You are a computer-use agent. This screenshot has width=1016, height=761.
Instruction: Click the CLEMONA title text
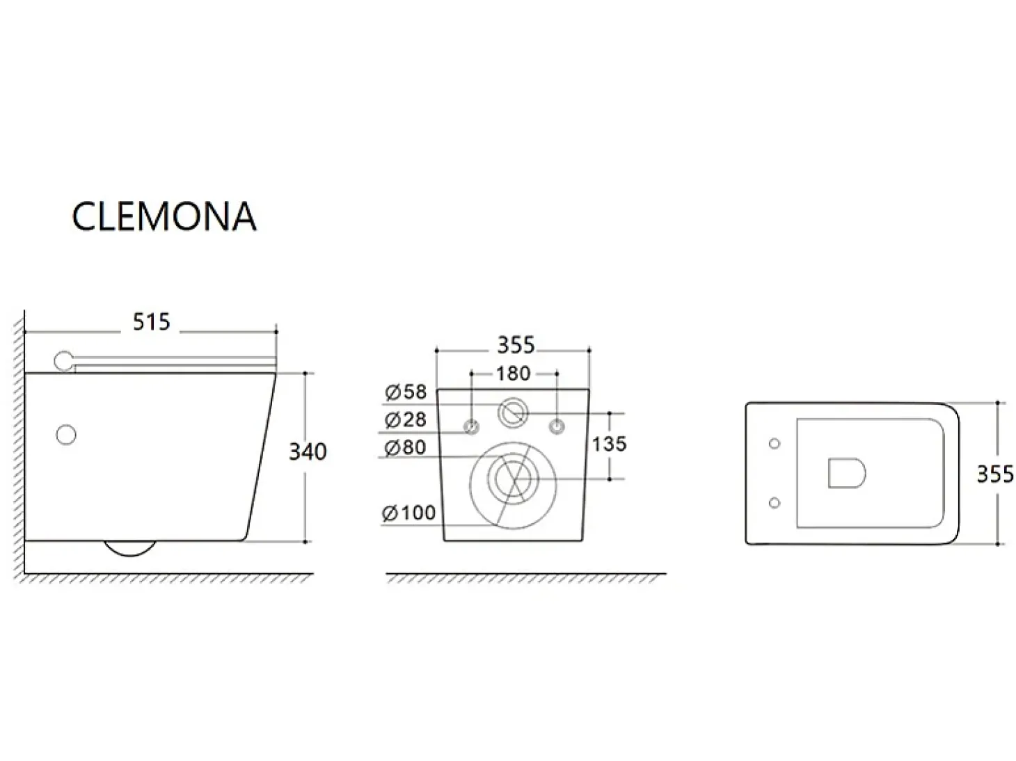164,216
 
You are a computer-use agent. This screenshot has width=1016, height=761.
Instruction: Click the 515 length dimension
152,321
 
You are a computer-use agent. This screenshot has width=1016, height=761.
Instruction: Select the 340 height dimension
308,451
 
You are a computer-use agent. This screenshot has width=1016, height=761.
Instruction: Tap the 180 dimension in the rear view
513,374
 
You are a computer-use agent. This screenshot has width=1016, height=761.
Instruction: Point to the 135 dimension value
609,444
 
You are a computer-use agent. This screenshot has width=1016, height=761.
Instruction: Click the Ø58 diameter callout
406,392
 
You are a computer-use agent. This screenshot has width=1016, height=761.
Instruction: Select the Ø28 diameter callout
406,419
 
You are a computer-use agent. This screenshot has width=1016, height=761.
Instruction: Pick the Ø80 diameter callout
406,447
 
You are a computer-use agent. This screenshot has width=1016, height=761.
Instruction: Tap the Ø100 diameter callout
408,513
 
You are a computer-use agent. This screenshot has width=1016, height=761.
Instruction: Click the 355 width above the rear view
516,345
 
